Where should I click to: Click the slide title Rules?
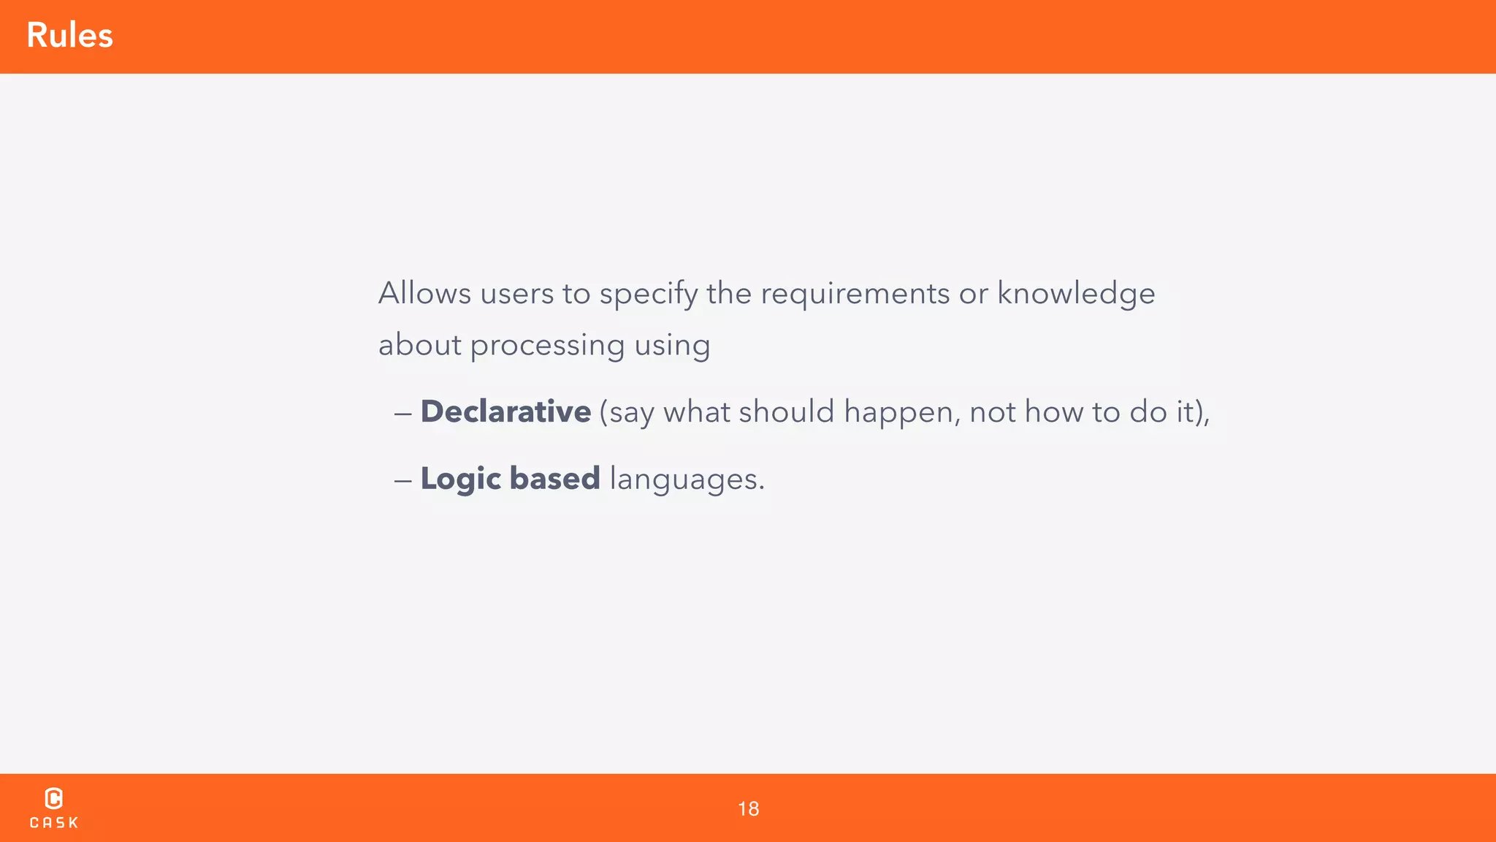(x=69, y=36)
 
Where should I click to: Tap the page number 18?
(x=748, y=809)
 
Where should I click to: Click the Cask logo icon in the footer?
(x=54, y=798)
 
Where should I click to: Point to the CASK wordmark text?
(x=54, y=823)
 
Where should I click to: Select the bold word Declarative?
(x=505, y=411)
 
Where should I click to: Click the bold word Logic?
(x=461, y=479)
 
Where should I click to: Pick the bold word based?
(x=554, y=479)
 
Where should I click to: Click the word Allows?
(x=424, y=293)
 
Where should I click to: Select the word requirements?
(x=855, y=294)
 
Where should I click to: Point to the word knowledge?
(x=1076, y=294)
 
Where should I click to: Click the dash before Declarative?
(x=402, y=414)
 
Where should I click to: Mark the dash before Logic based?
(x=402, y=481)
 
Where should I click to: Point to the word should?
(x=786, y=411)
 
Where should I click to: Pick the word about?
(x=419, y=345)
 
